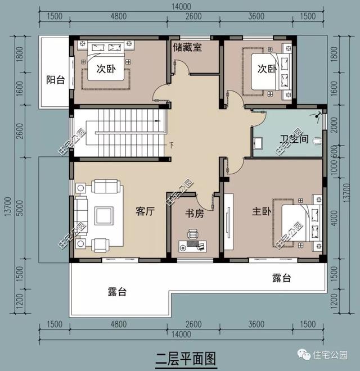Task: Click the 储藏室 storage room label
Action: click(188, 47)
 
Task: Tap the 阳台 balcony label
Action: click(55, 80)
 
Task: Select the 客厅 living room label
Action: click(145, 211)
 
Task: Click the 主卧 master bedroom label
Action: click(262, 211)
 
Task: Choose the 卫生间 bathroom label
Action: click(294, 139)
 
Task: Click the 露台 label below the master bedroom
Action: click(281, 278)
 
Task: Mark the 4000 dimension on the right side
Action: click(334, 216)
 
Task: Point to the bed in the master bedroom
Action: click(295, 221)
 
